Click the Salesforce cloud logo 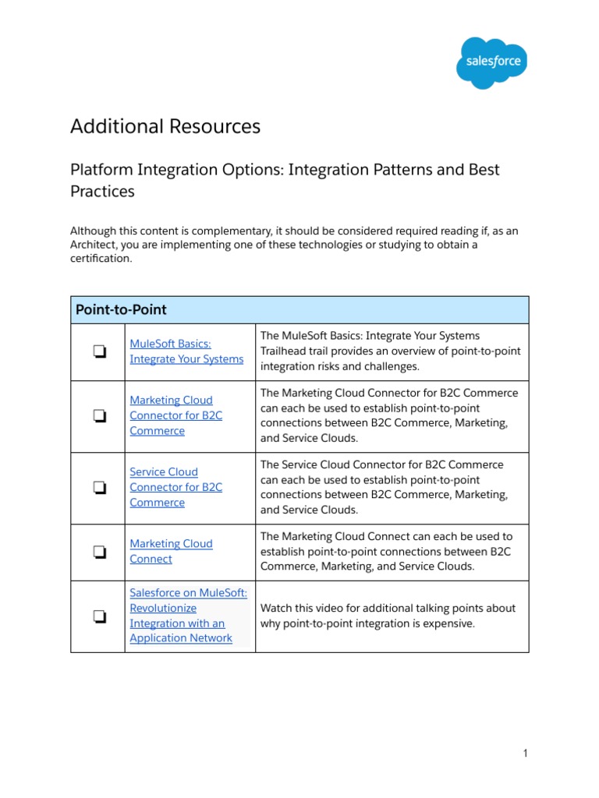point(491,62)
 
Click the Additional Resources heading point(165,126)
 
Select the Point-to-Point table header point(121,309)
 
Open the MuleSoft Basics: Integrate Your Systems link point(186,351)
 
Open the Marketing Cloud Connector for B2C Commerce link point(175,415)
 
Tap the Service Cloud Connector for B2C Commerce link point(175,487)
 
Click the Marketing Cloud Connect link point(171,551)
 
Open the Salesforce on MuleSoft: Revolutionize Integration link point(187,616)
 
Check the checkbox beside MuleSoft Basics point(98,352)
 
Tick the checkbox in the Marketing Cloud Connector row point(98,416)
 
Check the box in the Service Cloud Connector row point(98,488)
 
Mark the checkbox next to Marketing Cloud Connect point(98,552)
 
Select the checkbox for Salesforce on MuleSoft point(98,616)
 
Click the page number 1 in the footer point(526,753)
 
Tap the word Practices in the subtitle point(102,191)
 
